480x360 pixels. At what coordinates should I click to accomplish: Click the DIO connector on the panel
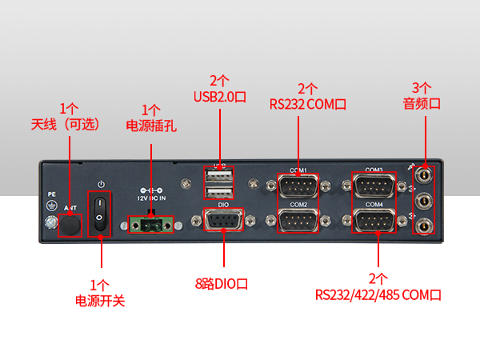coord(224,220)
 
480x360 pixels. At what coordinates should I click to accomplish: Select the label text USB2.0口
coord(220,96)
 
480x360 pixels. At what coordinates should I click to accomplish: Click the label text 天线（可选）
coord(69,124)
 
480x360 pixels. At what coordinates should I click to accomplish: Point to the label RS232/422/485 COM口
coord(377,294)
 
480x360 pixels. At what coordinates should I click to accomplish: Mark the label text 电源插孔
coord(151,125)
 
